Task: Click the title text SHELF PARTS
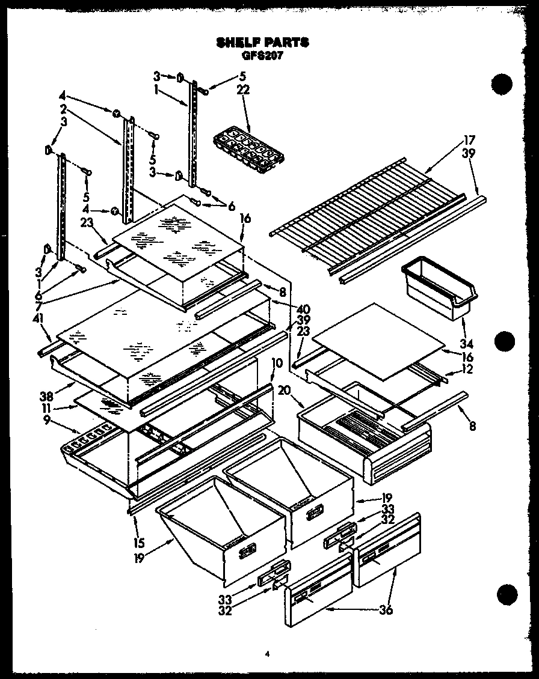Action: [x=262, y=43]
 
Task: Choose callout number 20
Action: [x=283, y=391]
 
